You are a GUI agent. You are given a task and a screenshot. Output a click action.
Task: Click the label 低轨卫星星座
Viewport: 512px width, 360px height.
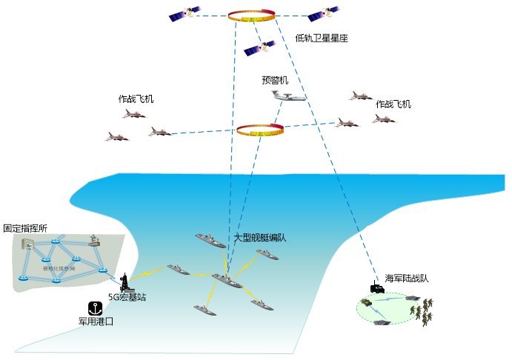321,38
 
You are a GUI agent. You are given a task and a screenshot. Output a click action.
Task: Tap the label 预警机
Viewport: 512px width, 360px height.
274,80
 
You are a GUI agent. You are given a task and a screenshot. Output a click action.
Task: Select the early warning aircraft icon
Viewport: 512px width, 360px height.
286,96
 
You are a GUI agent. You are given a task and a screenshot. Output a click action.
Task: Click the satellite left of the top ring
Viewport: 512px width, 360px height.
184,14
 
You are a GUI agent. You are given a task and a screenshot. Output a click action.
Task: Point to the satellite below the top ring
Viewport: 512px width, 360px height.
260,48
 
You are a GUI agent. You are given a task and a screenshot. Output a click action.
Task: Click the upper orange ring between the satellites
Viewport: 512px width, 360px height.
253,16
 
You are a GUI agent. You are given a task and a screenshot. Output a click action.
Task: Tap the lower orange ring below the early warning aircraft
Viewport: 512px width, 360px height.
259,130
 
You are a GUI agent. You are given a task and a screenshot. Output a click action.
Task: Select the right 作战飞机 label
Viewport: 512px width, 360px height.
393,104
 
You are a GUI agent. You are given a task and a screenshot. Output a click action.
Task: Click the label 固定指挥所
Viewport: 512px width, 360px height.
25,230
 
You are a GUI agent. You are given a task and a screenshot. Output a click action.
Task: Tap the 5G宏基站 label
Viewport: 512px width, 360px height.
127,298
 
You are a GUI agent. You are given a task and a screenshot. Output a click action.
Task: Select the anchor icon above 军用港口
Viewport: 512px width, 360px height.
95,308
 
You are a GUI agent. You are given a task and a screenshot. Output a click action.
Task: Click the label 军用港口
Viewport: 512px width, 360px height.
96,322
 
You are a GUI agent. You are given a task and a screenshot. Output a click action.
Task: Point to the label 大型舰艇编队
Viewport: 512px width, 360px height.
259,238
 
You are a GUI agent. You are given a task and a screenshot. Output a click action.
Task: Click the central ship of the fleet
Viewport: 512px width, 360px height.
226,281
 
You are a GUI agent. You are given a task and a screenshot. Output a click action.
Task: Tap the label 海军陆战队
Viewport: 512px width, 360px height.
407,279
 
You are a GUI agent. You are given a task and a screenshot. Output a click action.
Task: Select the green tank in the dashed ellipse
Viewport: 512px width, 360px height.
368,304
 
